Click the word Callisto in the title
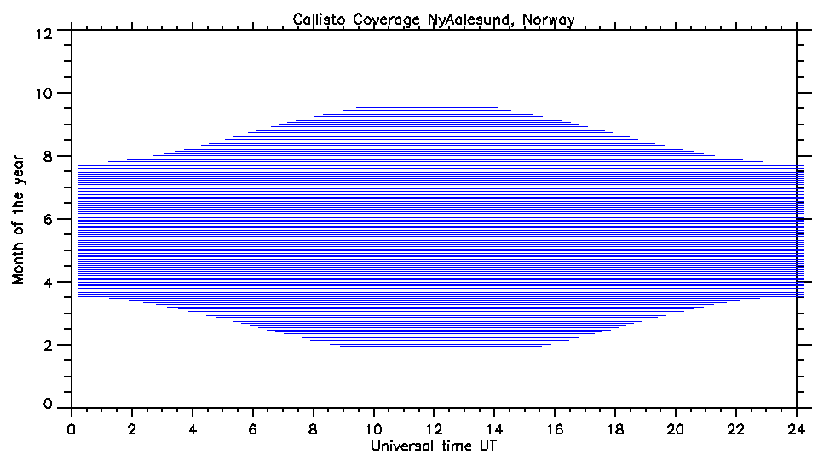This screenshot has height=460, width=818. tap(317, 19)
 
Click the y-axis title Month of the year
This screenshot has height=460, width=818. tap(19, 219)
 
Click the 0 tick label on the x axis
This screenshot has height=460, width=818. tap(72, 429)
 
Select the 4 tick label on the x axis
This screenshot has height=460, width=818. tap(193, 429)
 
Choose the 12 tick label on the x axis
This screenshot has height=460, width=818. tap(435, 429)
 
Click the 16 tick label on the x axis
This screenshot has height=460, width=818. tap(556, 429)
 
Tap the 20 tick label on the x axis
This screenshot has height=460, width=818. tap(677, 429)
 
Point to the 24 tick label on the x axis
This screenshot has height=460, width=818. tap(797, 429)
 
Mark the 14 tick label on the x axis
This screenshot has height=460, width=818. tap(495, 429)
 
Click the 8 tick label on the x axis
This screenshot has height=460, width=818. tap(314, 429)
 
